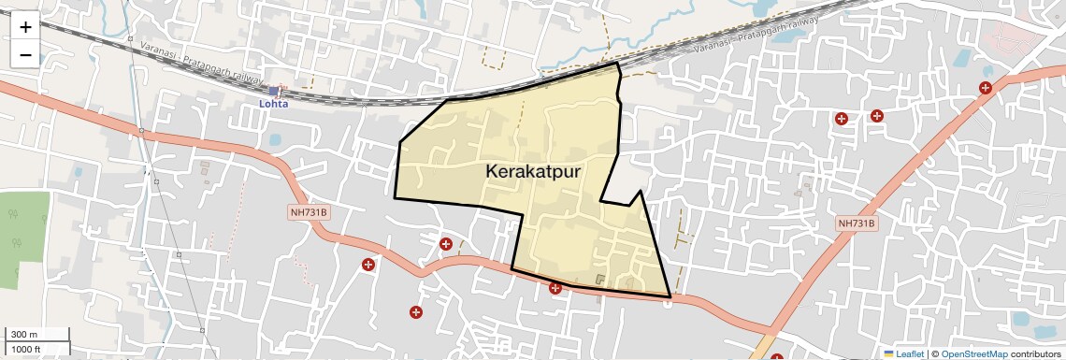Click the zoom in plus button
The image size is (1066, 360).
[x=25, y=27]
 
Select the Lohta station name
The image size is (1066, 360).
[x=274, y=104]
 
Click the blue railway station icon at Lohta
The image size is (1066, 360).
[x=274, y=91]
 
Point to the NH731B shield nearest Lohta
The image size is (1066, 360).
[x=309, y=212]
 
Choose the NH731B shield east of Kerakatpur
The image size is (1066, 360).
[x=857, y=223]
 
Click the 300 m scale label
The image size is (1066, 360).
[x=23, y=335]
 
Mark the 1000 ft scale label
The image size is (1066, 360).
[x=25, y=349]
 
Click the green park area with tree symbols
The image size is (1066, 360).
[x=22, y=238]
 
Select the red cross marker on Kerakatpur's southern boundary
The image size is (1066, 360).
[x=555, y=287]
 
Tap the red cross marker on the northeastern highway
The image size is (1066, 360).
[x=986, y=88]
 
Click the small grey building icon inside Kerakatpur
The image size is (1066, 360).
[x=600, y=279]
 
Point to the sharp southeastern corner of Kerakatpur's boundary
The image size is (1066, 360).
[x=670, y=297]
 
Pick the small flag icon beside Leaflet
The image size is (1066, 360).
[x=888, y=353]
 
